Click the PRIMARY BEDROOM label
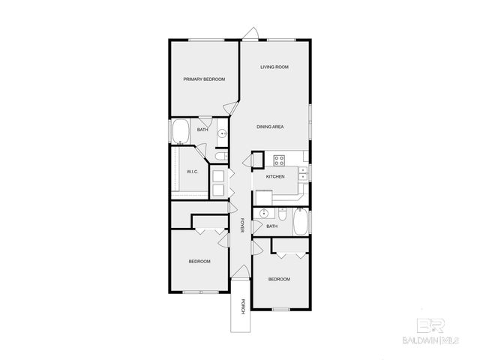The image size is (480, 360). [205, 79]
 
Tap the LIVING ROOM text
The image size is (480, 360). [274, 67]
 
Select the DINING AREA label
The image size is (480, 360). [269, 127]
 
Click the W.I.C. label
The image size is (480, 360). [192, 172]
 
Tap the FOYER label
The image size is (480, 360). [242, 225]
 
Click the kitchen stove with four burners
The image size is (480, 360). [279, 160]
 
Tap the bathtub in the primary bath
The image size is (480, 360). [181, 133]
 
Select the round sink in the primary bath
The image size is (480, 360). [222, 135]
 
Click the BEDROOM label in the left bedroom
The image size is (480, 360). [199, 261]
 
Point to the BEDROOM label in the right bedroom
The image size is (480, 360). [279, 279]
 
